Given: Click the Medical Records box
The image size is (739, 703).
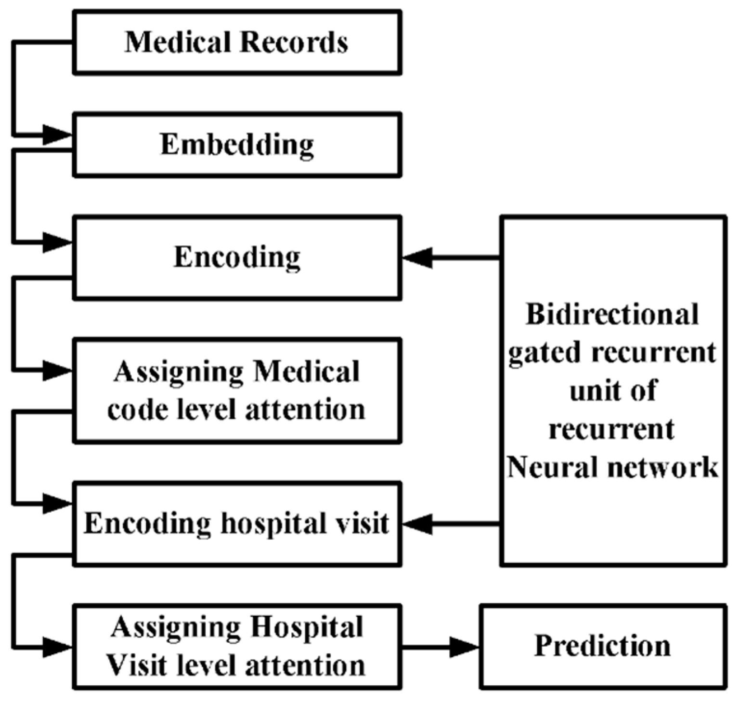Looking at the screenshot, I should tap(237, 42).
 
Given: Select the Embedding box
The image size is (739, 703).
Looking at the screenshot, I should tap(237, 145).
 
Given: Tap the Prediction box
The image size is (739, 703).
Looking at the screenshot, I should tap(603, 646).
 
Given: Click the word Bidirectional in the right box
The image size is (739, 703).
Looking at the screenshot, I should tap(612, 315).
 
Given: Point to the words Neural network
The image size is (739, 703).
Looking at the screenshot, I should tap(612, 467).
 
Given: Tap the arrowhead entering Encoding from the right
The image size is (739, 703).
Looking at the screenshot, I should tap(418, 258).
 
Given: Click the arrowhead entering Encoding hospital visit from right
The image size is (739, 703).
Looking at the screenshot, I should tap(418, 524).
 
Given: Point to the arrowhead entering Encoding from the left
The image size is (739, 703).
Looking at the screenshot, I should tap(57, 242).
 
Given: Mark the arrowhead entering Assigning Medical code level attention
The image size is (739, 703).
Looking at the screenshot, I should tap(57, 371).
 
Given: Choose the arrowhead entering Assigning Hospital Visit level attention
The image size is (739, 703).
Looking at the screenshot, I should tap(57, 647).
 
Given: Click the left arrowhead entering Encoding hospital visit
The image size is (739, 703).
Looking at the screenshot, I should tap(57, 504).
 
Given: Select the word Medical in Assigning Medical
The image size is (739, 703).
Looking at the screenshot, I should tap(306, 372).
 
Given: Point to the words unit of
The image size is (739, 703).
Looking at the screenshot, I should tap(612, 391).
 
